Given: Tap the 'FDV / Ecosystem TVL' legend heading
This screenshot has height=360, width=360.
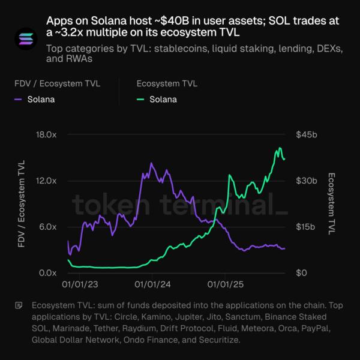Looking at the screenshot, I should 55,83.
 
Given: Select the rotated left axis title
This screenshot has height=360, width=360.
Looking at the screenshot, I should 23,204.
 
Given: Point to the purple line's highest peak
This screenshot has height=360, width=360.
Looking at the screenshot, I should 151,163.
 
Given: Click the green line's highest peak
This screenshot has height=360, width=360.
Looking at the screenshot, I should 280,148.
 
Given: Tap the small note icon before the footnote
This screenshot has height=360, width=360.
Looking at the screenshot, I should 19,305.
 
